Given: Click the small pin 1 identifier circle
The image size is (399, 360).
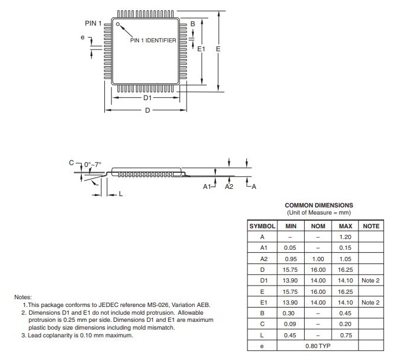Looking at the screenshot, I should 118,24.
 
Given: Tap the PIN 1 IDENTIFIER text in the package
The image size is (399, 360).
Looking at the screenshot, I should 153,41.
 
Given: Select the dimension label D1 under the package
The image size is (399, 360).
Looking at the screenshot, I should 147,97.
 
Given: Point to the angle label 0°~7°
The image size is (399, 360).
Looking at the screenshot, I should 93,163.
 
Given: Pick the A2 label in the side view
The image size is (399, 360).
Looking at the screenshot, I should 228,187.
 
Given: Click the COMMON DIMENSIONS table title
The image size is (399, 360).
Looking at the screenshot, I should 318,205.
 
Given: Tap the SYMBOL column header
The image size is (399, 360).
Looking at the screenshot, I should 262,226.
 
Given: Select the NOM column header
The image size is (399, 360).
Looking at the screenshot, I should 318,226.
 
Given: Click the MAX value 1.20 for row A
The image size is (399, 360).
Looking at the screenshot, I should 345,237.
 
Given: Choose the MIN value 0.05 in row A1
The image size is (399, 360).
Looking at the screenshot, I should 290,248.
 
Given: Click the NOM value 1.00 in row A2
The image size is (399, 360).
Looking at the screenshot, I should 318,259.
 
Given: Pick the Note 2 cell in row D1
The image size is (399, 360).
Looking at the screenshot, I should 370,280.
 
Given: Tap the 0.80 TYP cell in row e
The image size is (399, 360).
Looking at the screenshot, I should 318,345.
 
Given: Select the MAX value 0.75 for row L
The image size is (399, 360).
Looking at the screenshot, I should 345,334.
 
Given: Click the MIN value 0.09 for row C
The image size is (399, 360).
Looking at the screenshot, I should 290,324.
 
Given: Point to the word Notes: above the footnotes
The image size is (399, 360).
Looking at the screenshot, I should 24,297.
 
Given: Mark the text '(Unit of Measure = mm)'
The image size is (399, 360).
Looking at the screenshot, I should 318,212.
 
